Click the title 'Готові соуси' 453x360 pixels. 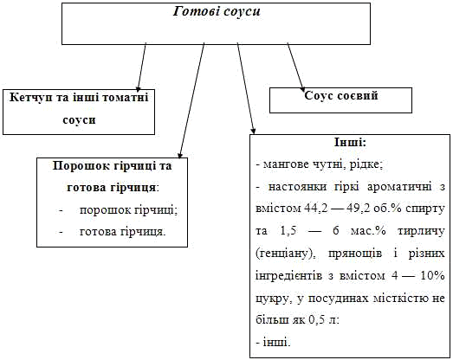click(217, 11)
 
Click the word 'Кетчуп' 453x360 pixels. click(28, 98)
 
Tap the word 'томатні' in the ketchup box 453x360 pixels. click(126, 97)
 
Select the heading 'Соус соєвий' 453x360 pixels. click(341, 95)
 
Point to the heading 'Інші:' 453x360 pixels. click(350, 142)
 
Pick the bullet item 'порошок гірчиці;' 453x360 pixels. click(128, 210)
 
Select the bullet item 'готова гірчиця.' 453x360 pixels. click(123, 232)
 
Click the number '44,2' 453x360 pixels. click(316, 209)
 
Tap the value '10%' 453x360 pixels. click(432, 275)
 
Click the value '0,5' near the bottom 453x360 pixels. click(314, 320)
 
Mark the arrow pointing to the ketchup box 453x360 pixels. click(141, 67)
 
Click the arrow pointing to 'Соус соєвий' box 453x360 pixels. click(296, 67)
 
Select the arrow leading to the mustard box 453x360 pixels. click(191, 100)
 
